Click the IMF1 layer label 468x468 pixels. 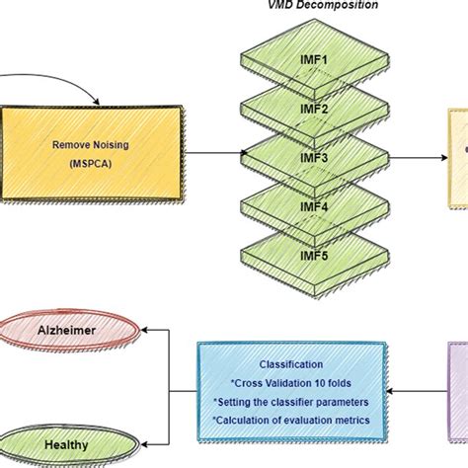314,59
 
